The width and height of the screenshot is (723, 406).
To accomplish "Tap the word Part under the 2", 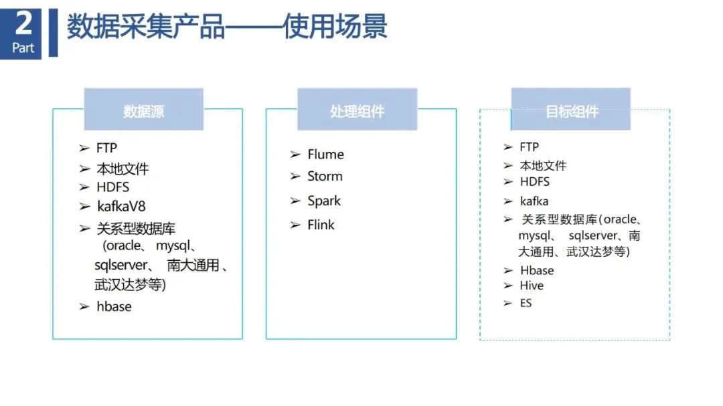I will tap(23, 48).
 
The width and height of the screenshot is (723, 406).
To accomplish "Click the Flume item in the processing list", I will tap(325, 155).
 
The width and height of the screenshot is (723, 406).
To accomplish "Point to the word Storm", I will tap(325, 177).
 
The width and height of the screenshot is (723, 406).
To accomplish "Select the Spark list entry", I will tap(324, 201).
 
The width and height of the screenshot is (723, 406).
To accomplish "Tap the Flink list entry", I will tap(321, 225).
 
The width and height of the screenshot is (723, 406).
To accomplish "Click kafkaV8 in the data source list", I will tap(121, 206).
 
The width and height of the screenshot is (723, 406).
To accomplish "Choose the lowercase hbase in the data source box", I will tap(114, 306).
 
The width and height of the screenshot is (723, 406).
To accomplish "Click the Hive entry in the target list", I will tap(532, 286).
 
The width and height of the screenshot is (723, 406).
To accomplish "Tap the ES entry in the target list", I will tap(526, 303).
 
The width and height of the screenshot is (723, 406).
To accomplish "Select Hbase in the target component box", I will tap(537, 270).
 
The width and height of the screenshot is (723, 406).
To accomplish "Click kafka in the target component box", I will tap(534, 201).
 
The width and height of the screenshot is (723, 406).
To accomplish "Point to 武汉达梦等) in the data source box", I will tap(131, 284).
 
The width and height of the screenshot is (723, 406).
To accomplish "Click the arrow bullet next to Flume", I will tap(295, 155).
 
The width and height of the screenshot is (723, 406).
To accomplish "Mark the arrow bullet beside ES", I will tap(508, 303).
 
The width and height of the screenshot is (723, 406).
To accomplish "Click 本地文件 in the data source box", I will tap(123, 169).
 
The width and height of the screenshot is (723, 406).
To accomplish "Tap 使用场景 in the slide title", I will tap(335, 28).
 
